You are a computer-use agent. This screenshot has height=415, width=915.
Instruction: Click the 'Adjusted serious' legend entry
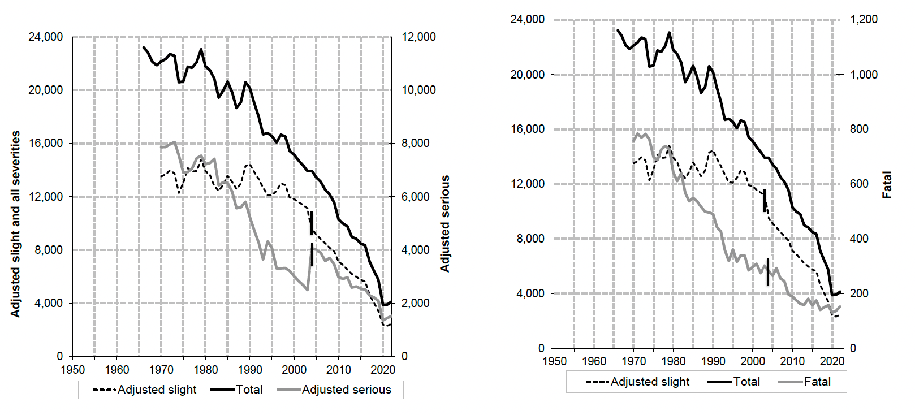click(346, 390)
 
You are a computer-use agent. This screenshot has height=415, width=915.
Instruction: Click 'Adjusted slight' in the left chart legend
click(157, 390)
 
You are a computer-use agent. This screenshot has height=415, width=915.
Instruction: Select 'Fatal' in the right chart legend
click(817, 382)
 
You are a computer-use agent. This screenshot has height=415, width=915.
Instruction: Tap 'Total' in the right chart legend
click(746, 382)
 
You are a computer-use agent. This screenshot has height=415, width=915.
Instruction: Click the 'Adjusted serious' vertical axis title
click(446, 223)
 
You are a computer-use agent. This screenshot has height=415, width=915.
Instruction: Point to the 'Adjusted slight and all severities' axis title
click(15, 223)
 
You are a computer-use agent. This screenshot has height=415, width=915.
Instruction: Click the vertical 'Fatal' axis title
click(887, 185)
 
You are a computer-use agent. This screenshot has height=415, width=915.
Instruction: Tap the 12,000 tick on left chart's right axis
click(419, 37)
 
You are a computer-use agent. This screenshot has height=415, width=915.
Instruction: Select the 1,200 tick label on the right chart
click(864, 19)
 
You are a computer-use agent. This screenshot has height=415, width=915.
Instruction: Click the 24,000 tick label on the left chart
click(46, 37)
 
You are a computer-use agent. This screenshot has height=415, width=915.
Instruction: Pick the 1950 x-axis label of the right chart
click(554, 361)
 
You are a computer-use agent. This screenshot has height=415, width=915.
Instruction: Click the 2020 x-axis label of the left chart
click(383, 370)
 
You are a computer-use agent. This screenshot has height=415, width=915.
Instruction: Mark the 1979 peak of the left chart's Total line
click(201, 50)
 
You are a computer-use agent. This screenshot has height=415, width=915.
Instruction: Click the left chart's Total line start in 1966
click(143, 47)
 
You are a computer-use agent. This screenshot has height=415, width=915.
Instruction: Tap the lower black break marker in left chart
click(312, 254)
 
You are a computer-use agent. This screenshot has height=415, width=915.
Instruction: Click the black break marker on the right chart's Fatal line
click(767, 272)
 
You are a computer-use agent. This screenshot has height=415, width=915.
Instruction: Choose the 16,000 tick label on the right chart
click(528, 129)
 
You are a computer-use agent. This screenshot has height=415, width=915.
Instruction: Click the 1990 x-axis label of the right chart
click(713, 361)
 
